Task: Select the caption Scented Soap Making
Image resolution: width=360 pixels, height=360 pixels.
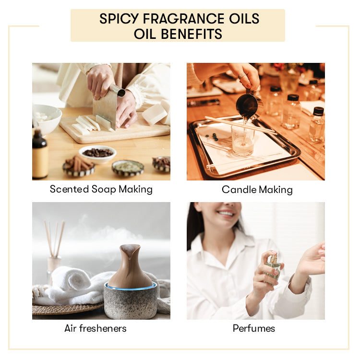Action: click(x=101, y=189)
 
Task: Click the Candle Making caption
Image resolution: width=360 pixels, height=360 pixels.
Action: click(x=257, y=190)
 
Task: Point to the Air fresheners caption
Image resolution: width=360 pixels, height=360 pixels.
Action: click(x=96, y=328)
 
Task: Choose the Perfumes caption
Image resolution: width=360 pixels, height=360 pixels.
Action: click(x=254, y=328)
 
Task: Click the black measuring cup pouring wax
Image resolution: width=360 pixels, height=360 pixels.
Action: click(x=248, y=103)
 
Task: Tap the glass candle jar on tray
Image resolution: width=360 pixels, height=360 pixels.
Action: click(x=242, y=139)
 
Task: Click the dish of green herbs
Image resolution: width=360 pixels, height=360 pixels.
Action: click(x=128, y=167)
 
